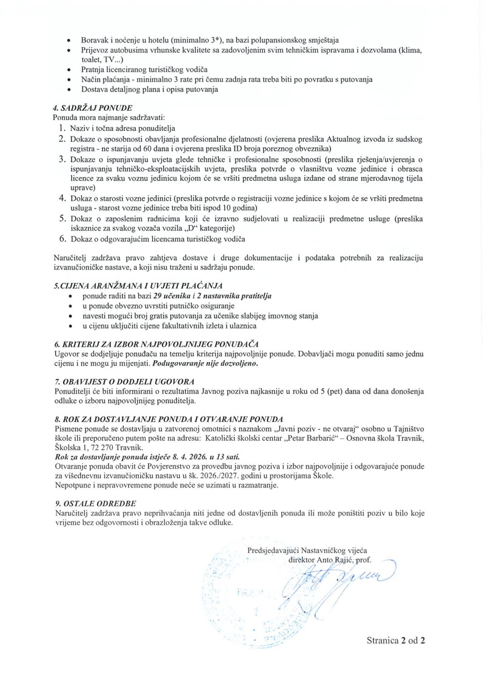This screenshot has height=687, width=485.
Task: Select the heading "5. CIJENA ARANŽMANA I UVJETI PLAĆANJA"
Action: click(x=138, y=285)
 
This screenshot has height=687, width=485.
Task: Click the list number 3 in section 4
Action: click(x=62, y=159)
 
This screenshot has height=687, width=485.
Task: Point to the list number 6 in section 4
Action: click(x=62, y=239)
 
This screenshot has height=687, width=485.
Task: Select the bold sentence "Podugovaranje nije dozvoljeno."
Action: click(x=206, y=364)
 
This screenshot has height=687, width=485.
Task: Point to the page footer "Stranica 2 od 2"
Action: click(x=395, y=640)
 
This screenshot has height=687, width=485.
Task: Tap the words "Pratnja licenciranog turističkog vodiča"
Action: click(x=144, y=70)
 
